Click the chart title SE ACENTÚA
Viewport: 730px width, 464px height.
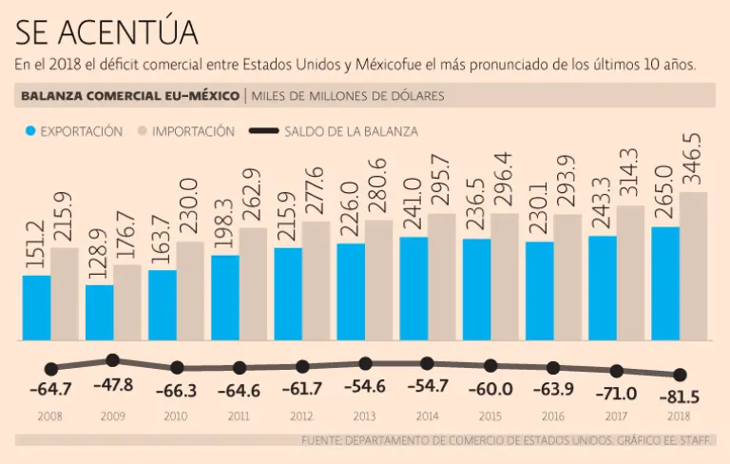click(x=106, y=31)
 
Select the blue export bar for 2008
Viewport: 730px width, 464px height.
click(x=36, y=307)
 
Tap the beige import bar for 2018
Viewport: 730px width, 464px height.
click(x=693, y=266)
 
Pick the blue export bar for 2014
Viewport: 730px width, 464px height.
click(x=413, y=288)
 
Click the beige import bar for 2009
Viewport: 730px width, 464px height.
click(x=127, y=302)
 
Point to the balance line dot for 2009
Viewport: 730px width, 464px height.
click(x=112, y=360)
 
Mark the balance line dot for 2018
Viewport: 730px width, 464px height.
click(x=680, y=376)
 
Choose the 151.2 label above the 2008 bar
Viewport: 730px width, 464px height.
click(x=36, y=246)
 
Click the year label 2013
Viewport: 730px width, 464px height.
click(x=364, y=416)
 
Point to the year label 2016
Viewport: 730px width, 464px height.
click(x=553, y=416)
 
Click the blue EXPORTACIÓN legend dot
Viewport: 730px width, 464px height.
click(x=30, y=132)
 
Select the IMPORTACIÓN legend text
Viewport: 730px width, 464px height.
click(x=193, y=132)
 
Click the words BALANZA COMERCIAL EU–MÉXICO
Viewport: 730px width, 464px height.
click(x=129, y=96)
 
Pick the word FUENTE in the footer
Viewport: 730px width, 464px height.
click(x=319, y=440)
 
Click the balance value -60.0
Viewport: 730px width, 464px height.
click(x=490, y=389)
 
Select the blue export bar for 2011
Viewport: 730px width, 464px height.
click(x=224, y=297)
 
